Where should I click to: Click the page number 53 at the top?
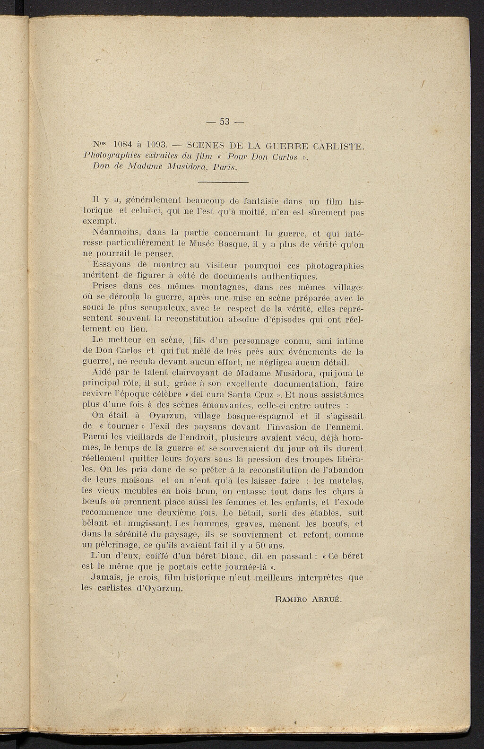point(225,122)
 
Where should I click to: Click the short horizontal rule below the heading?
point(223,182)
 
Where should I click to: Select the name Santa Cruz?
point(249,394)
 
